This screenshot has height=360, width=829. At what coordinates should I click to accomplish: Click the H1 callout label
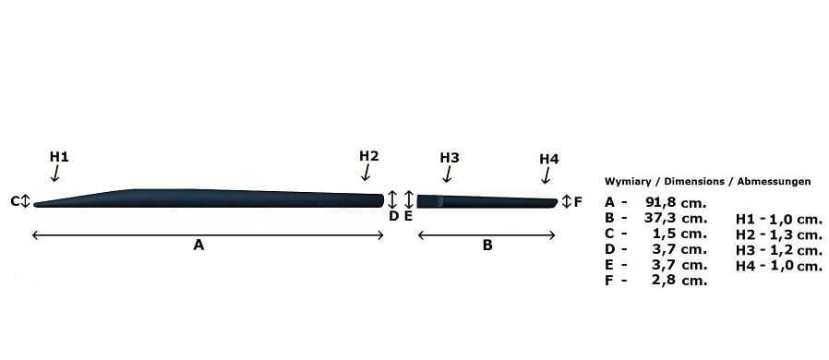click(59, 157)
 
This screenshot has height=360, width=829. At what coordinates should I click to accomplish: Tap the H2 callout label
click(369, 156)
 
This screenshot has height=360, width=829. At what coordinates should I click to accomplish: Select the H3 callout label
click(450, 158)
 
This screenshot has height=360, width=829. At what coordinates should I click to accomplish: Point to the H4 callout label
click(548, 159)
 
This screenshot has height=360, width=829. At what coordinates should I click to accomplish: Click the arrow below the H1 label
click(54, 173)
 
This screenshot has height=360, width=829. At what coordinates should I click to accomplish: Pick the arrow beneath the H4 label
click(546, 175)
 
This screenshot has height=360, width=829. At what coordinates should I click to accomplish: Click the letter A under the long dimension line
click(198, 245)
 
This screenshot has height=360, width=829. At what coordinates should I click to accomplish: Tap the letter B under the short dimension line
click(487, 245)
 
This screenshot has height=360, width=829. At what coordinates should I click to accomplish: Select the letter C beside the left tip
click(15, 201)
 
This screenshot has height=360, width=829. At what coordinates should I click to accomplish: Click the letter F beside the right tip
click(578, 201)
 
